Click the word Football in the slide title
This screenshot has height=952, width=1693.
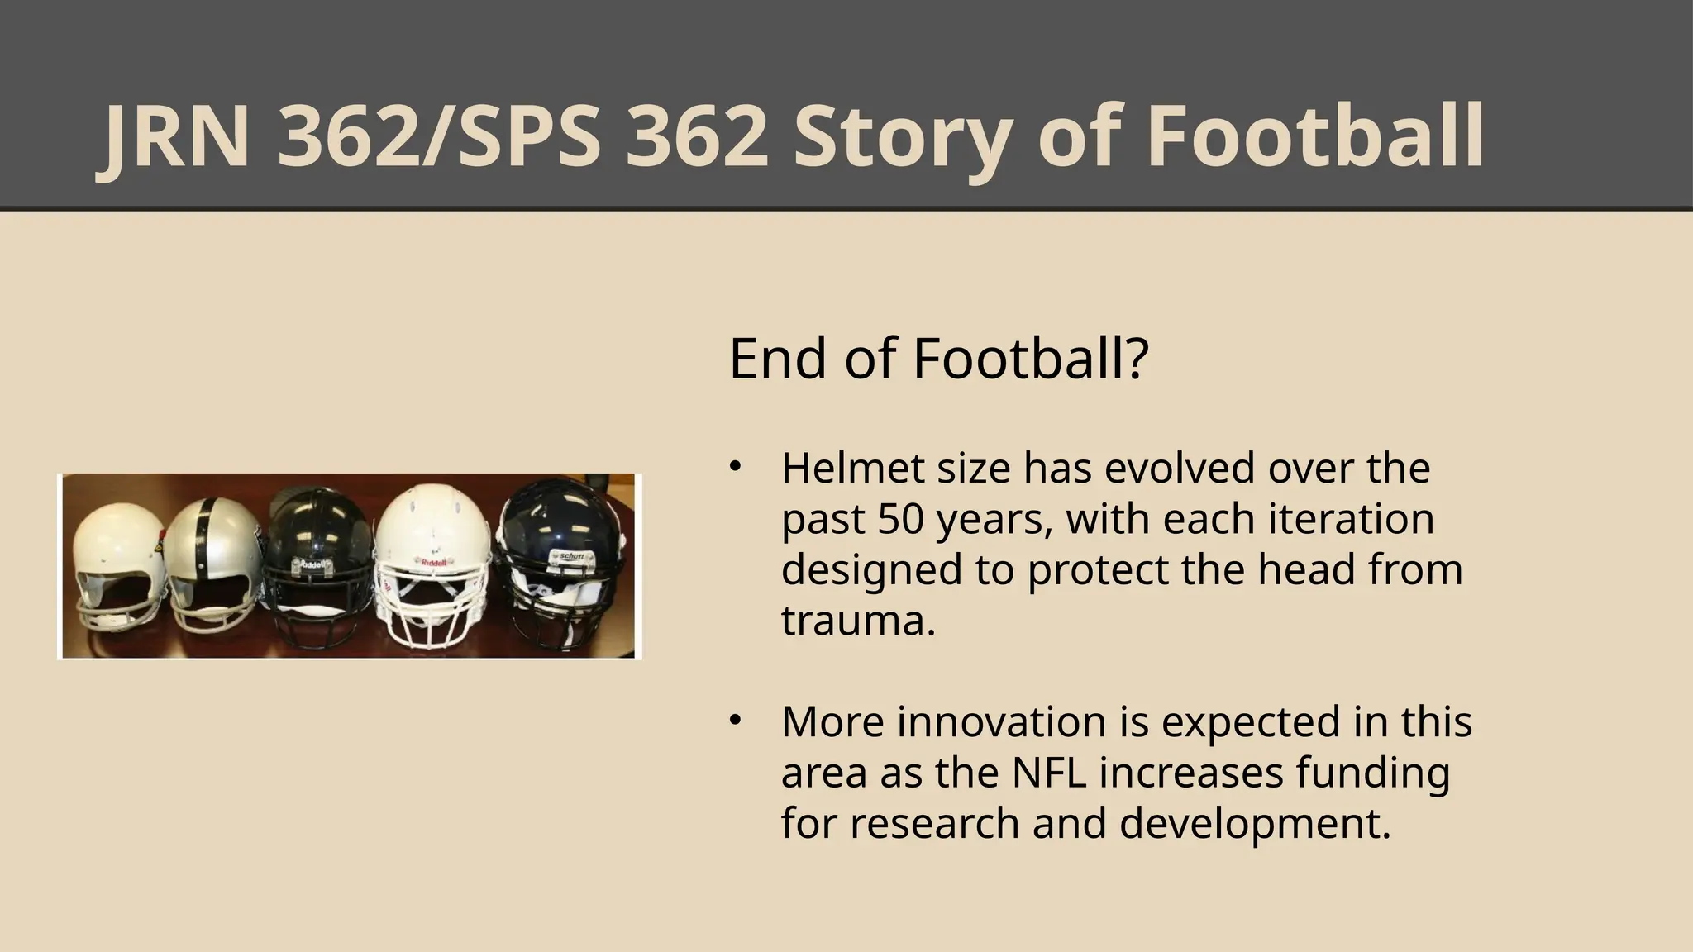[x=1315, y=136]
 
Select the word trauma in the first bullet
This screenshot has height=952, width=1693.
[x=857, y=621]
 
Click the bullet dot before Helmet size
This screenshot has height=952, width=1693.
[x=733, y=468]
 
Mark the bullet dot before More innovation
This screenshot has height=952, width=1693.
[x=733, y=721]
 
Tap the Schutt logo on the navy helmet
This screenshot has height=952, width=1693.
[x=571, y=556]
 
